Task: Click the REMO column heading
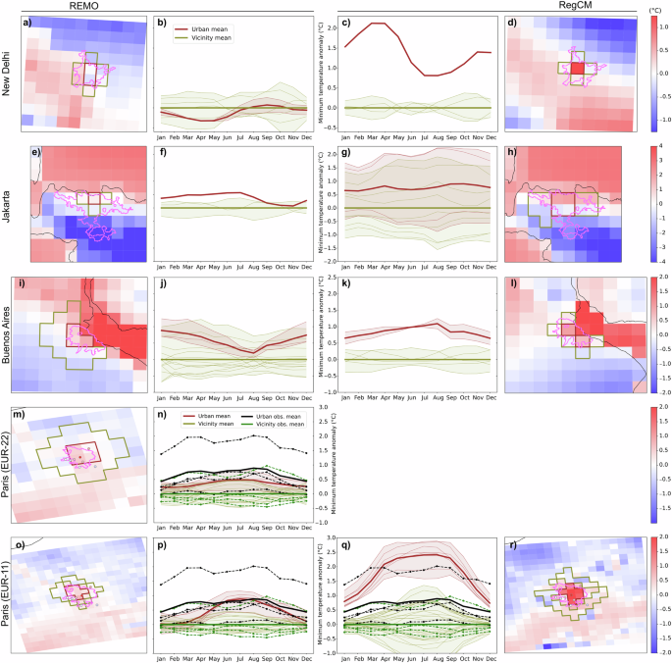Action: (x=85, y=6)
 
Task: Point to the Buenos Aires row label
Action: (x=11, y=335)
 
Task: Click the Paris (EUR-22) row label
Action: (x=11, y=465)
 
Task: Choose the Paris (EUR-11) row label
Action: (x=11, y=594)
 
